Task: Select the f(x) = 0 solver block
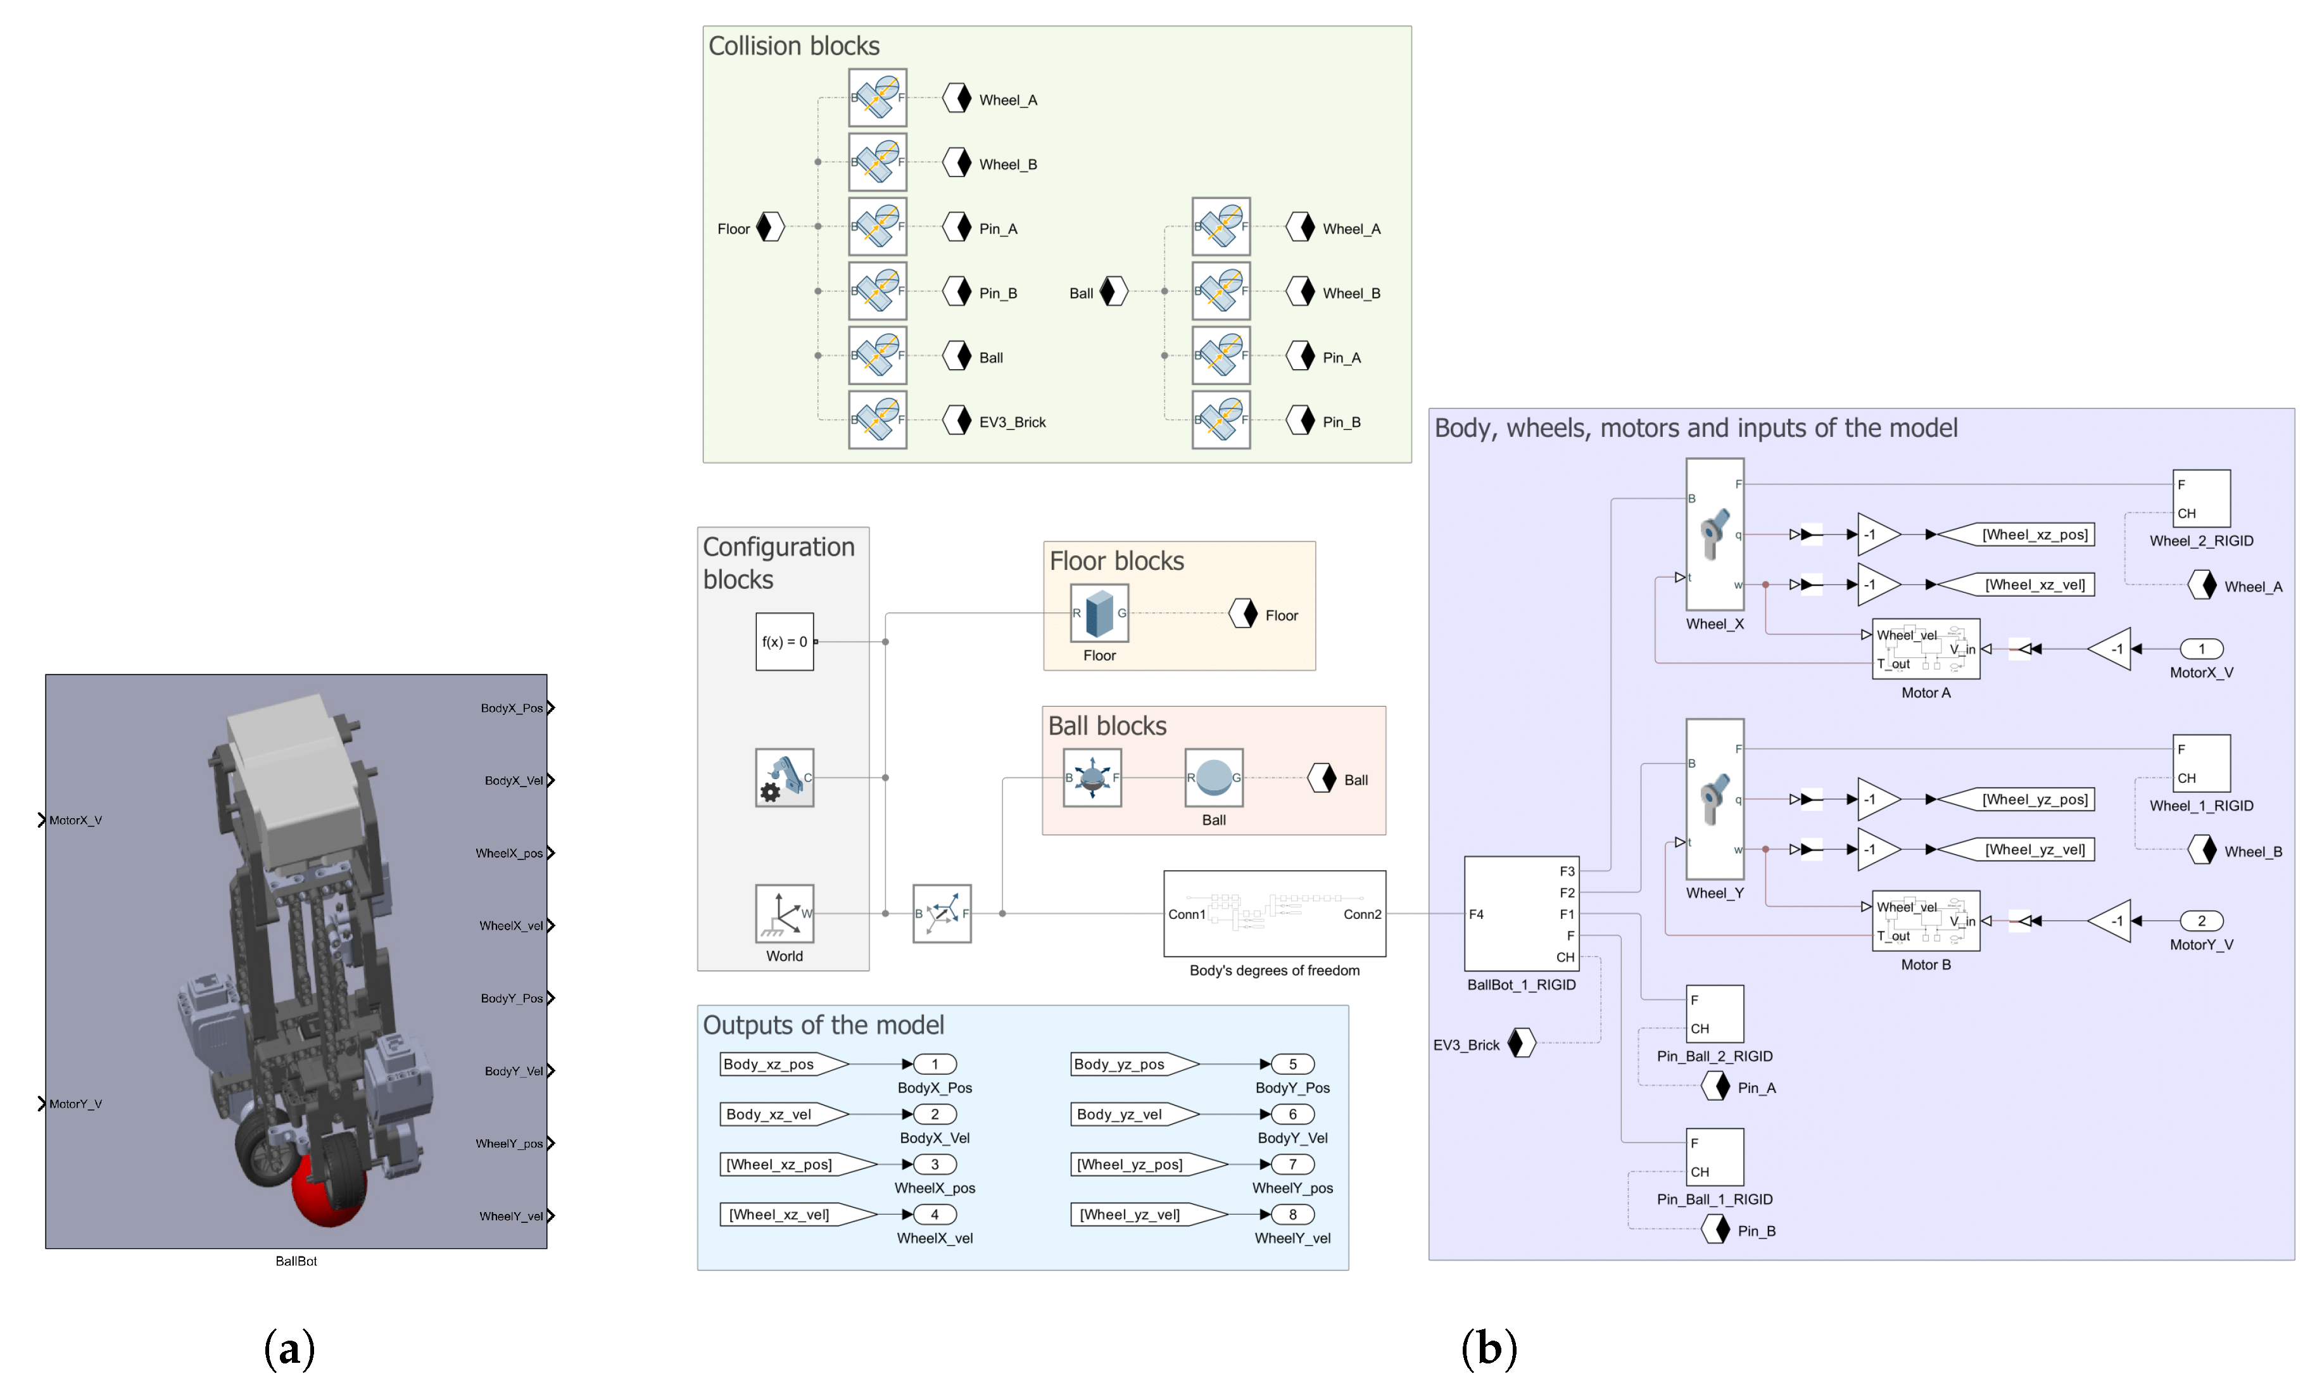tap(784, 641)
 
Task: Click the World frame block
tap(784, 913)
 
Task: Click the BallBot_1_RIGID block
tap(1520, 913)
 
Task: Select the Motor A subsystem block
tap(1925, 648)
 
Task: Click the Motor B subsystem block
tap(1925, 921)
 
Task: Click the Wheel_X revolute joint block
tap(1714, 534)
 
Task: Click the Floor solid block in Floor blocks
tap(1099, 613)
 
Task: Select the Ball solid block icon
tap(1213, 778)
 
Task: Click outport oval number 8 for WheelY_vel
tap(1292, 1215)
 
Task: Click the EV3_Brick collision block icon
tap(877, 420)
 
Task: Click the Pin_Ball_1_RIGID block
tap(1714, 1157)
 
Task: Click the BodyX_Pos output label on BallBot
tap(511, 708)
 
